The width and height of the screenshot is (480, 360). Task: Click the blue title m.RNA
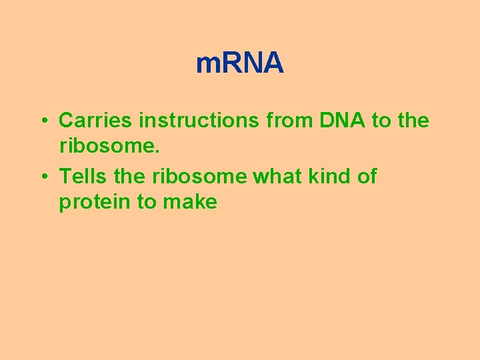240,64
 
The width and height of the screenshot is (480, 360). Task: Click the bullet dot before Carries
42,121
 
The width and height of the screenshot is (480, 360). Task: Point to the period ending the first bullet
157,151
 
